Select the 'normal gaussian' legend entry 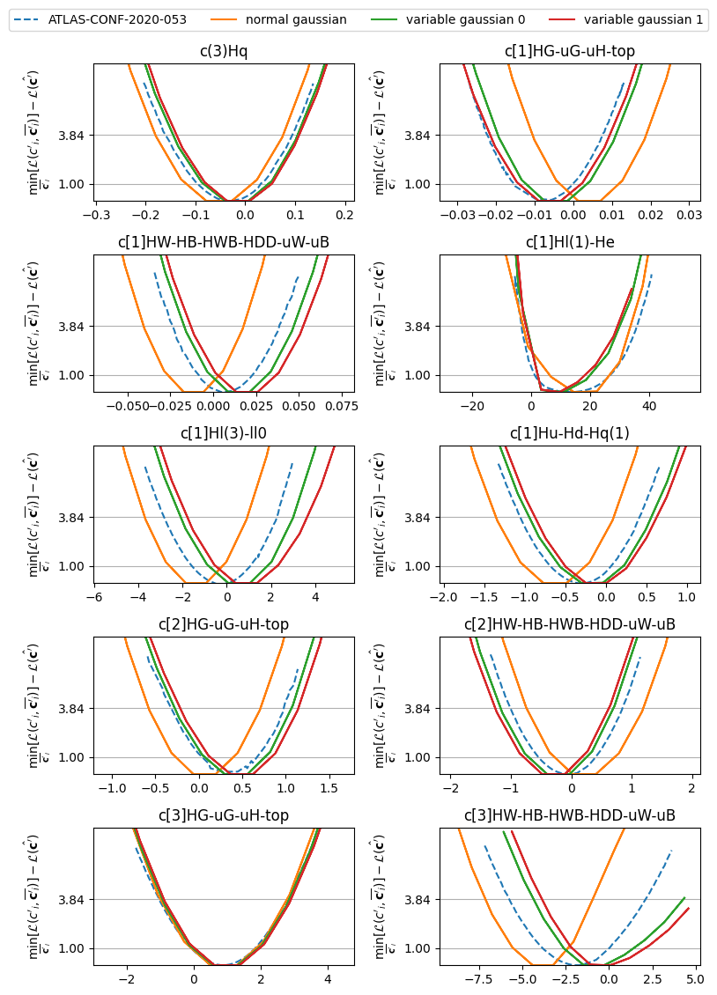(x=296, y=19)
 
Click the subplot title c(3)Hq (x=224, y=51)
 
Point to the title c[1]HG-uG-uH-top (x=570, y=51)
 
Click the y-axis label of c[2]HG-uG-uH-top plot (x=35, y=706)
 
